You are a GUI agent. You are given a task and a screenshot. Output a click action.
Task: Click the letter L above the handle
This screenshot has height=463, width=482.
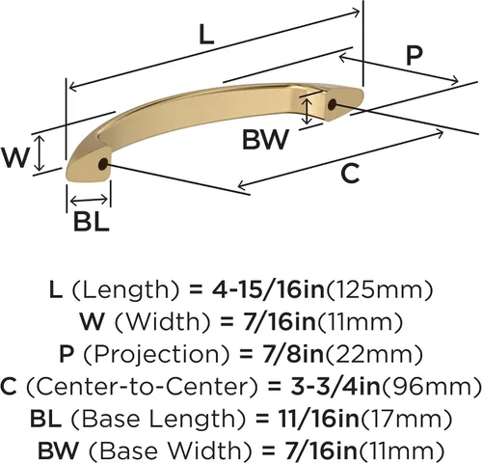(206, 35)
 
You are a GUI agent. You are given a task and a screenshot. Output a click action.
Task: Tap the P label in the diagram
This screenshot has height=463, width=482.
(414, 56)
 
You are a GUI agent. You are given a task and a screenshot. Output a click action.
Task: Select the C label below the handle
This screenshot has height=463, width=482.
(350, 173)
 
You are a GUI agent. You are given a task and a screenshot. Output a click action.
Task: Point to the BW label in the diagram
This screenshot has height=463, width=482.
(265, 139)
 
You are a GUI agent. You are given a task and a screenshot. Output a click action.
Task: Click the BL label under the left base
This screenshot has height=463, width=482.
(92, 222)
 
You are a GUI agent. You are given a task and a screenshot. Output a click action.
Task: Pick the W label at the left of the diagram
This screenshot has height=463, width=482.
(14, 157)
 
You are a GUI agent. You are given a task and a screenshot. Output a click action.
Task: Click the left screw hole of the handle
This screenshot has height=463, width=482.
(102, 164)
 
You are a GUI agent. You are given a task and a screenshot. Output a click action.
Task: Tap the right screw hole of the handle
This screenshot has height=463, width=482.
(332, 104)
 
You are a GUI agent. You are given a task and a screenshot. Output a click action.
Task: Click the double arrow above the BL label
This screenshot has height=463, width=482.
(89, 201)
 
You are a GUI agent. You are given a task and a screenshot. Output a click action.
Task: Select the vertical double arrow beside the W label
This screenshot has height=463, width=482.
(40, 152)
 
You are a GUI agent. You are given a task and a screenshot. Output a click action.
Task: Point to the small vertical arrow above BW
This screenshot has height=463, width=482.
(308, 111)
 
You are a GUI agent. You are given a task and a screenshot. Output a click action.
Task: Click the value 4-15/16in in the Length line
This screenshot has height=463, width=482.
(268, 289)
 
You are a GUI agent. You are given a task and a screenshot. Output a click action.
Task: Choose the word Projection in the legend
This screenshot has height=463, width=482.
(157, 354)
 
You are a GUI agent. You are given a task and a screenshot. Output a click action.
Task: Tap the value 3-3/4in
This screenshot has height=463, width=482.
(335, 386)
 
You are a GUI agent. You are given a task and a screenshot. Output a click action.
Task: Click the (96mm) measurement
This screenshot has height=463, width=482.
(431, 387)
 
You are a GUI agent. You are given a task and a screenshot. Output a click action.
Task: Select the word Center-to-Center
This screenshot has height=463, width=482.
(142, 386)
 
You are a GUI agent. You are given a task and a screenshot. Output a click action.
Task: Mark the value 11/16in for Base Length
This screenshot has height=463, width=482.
(318, 419)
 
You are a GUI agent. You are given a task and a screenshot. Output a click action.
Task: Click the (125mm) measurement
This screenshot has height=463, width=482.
(380, 289)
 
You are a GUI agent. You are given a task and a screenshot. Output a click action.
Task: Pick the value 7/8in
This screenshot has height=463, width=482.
(292, 354)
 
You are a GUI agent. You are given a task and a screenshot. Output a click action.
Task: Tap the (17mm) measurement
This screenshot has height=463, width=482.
(406, 419)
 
